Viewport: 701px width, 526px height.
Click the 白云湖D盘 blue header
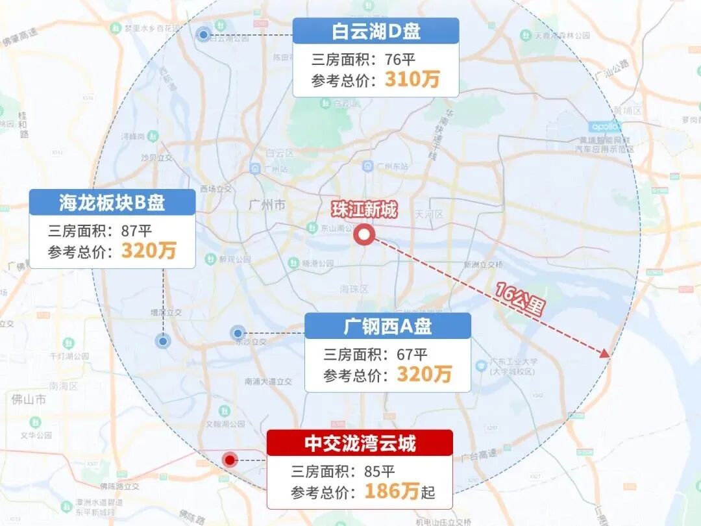(376, 31)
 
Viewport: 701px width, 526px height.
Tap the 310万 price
(412, 79)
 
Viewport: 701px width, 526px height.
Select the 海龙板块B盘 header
(112, 203)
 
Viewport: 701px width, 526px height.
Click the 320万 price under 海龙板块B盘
(149, 251)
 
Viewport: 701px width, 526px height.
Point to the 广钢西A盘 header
(387, 326)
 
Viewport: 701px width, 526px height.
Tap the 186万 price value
(391, 491)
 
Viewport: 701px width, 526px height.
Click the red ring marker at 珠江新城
(364, 235)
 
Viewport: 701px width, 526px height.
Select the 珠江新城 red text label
(363, 210)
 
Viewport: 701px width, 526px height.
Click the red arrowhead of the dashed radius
(604, 353)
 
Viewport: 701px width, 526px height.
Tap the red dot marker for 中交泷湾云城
(229, 460)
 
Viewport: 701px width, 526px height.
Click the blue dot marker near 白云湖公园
(204, 34)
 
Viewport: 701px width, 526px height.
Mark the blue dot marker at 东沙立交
(238, 333)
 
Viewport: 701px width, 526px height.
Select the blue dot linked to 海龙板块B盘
(163, 341)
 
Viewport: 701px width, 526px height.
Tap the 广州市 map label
(267, 205)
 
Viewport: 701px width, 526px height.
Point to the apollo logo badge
(605, 127)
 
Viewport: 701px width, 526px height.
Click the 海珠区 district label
(354, 288)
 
